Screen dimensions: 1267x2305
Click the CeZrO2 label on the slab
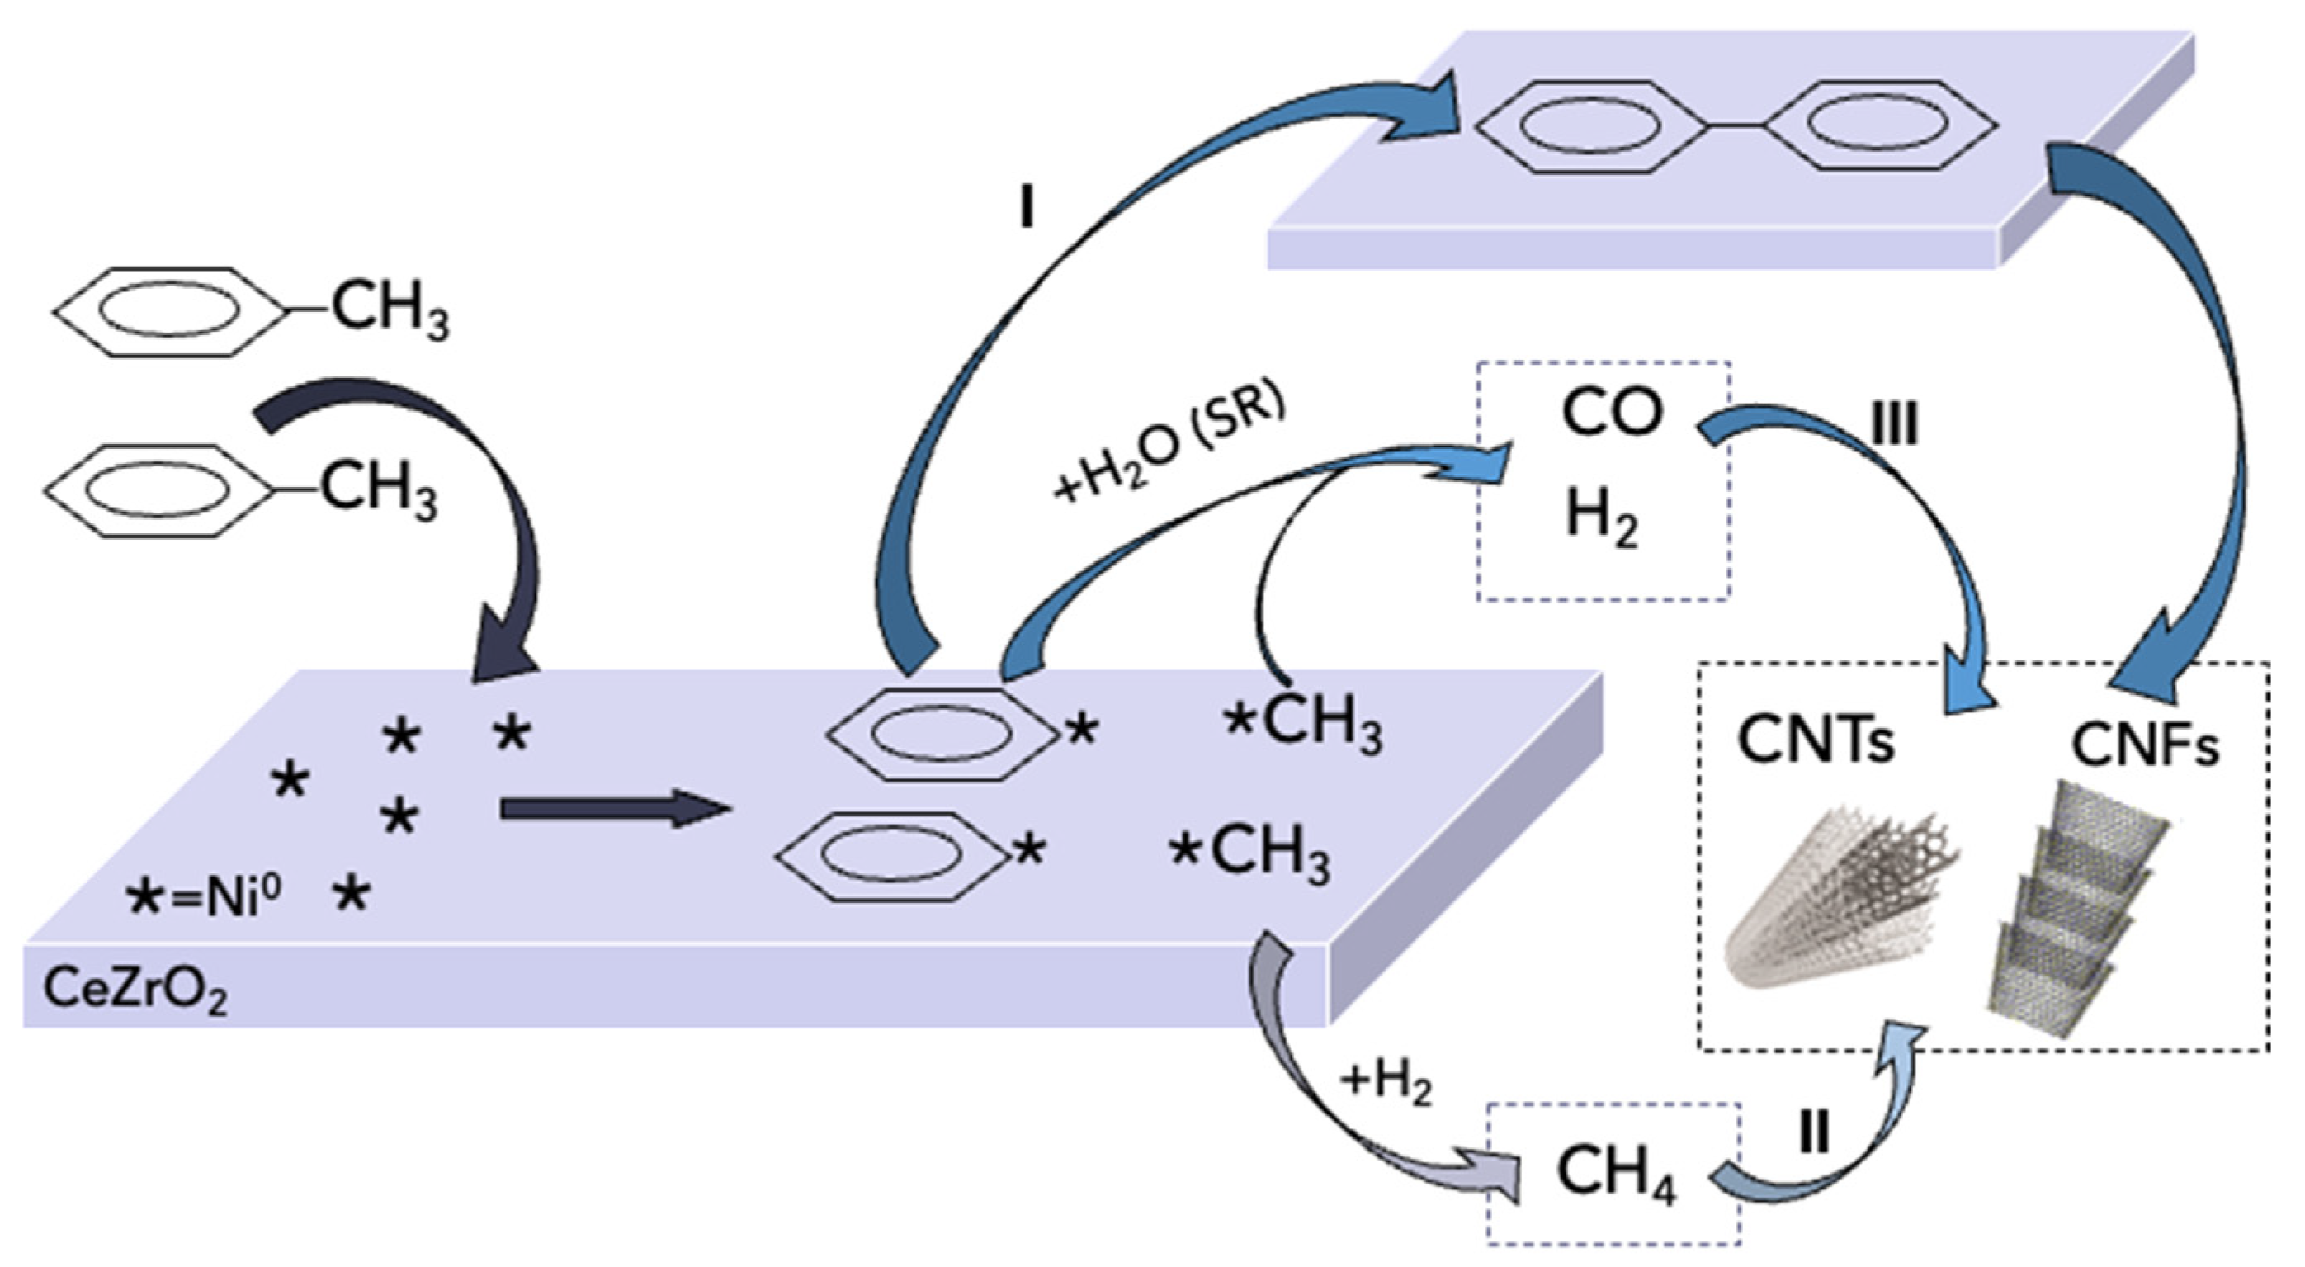click(135, 990)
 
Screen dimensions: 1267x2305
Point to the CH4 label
click(1616, 1174)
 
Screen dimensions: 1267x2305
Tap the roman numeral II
click(1813, 1135)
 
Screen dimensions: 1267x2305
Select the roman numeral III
click(1894, 425)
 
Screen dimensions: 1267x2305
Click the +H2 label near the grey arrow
click(1385, 1084)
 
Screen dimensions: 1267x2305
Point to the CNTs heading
click(1816, 742)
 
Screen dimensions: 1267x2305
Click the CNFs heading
click(2144, 746)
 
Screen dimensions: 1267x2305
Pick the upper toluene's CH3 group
click(390, 310)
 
